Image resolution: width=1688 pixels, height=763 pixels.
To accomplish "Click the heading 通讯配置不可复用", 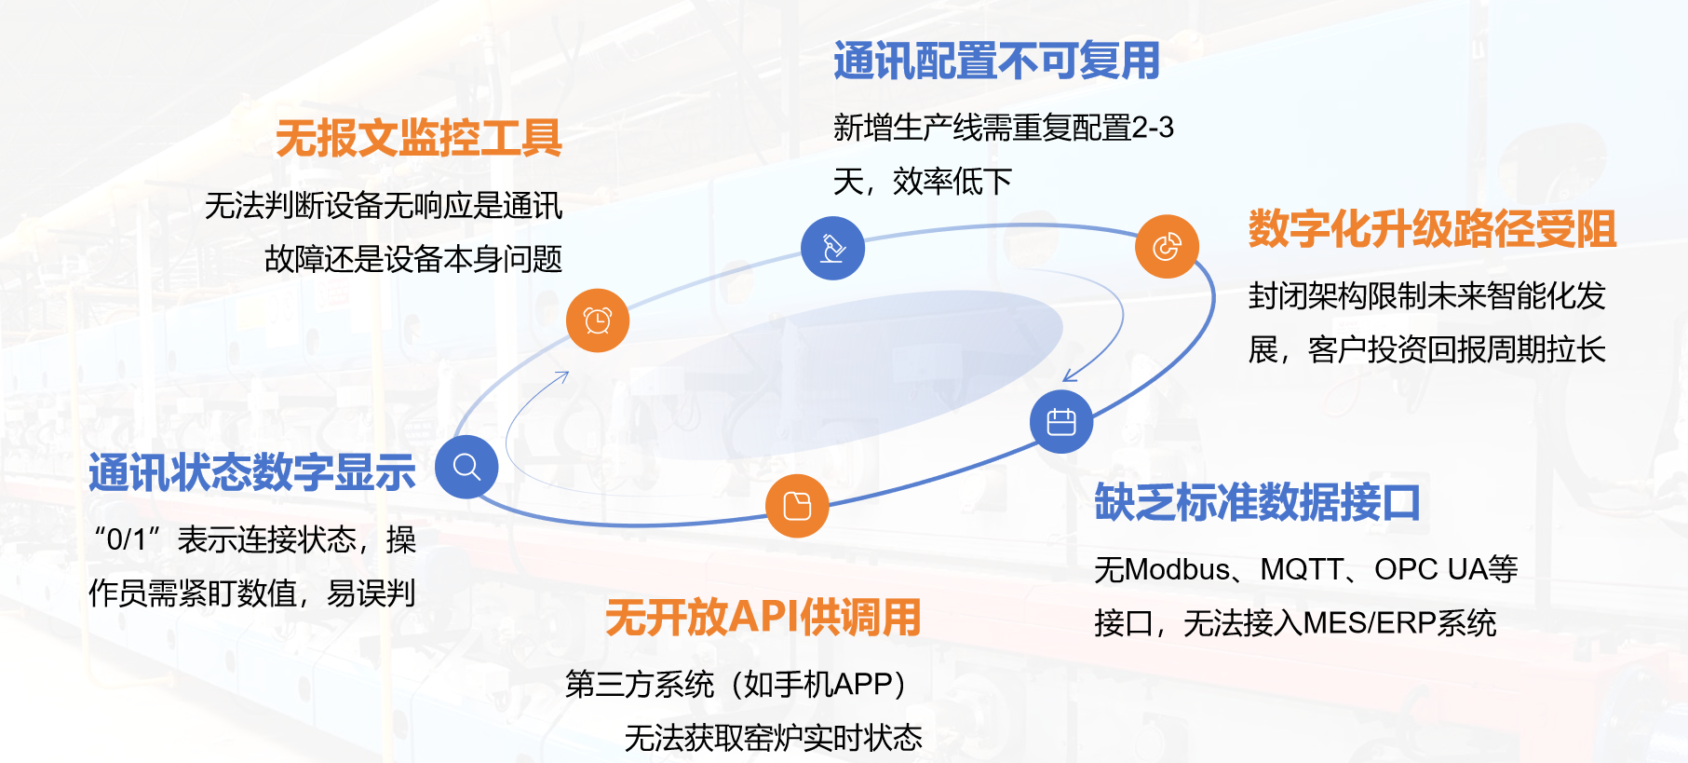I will (996, 61).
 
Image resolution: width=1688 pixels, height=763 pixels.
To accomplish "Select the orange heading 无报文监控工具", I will (419, 139).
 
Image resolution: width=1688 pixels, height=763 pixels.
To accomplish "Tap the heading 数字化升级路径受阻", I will (1432, 229).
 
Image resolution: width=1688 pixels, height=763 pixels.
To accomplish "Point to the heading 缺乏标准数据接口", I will (1257, 503).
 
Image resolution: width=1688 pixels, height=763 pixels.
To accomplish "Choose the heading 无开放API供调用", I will (763, 618).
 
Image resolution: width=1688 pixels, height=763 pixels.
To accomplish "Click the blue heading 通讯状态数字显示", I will (251, 472).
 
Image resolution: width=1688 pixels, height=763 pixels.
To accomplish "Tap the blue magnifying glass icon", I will (466, 467).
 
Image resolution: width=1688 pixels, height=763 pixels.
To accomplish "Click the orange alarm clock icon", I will (598, 320).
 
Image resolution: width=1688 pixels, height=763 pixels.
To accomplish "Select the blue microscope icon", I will (832, 248).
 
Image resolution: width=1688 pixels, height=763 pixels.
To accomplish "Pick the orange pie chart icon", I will (1167, 247).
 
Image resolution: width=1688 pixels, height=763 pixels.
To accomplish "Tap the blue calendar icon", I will (1061, 422).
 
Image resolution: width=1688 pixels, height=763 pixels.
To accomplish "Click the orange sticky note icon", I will (797, 506).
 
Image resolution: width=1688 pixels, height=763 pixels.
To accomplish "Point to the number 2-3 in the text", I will (1153, 127).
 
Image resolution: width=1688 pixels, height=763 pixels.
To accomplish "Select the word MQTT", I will (1301, 569).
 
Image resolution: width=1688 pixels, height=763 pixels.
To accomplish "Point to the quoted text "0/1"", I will (128, 538).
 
